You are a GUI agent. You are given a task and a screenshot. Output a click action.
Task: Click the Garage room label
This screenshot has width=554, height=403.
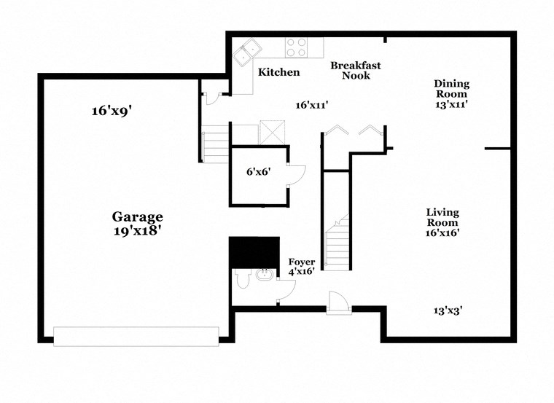(x=137, y=216)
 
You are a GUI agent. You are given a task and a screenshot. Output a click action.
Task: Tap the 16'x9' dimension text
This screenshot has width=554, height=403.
(x=111, y=111)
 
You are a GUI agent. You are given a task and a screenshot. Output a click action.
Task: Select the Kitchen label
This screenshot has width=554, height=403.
(x=278, y=72)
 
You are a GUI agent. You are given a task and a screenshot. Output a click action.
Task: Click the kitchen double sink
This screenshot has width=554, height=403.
(x=248, y=50)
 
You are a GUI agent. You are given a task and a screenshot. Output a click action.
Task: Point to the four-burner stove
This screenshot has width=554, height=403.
(x=296, y=47)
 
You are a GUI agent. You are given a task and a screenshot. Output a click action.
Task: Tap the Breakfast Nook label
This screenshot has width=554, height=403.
(x=355, y=71)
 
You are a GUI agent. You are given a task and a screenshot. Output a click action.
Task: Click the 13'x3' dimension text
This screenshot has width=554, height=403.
(x=448, y=310)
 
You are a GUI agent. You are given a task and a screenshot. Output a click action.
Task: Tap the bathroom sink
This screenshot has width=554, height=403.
(x=265, y=275)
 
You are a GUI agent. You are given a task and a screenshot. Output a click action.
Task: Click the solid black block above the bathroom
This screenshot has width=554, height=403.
(x=254, y=252)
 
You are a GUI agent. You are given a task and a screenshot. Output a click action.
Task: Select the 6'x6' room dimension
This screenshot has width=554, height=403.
(x=258, y=172)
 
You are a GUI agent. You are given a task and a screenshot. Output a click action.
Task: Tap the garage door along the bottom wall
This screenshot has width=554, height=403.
(x=136, y=336)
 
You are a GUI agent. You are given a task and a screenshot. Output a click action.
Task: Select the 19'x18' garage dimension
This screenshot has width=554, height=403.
(x=137, y=230)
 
